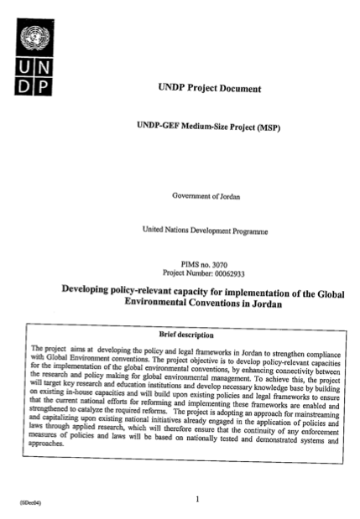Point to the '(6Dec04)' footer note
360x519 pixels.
tap(22, 504)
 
